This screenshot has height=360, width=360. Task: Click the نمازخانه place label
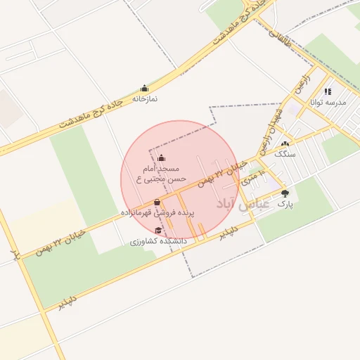(x=145, y=98)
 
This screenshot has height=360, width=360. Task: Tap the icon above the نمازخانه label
(x=145, y=89)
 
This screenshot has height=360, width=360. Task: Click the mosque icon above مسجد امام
(x=162, y=157)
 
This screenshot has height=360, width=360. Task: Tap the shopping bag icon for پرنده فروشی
(x=157, y=202)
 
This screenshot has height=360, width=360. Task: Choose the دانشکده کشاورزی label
(x=158, y=241)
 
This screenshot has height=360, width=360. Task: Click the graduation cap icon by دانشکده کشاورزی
(x=159, y=231)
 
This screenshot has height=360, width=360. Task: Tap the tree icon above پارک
(x=285, y=193)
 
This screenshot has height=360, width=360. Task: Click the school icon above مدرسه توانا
(x=328, y=91)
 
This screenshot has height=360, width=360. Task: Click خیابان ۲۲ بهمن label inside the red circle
(x=222, y=173)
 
